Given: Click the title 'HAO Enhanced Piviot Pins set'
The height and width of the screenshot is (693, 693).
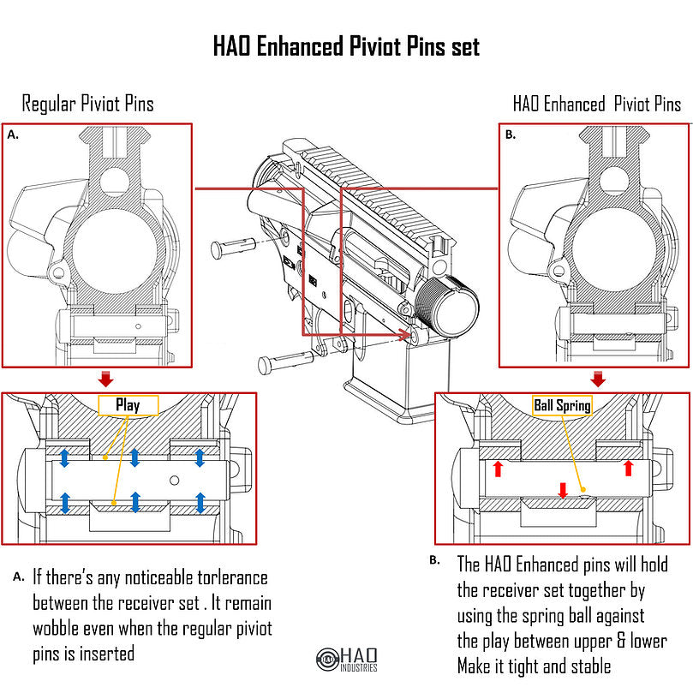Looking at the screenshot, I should point(346,45).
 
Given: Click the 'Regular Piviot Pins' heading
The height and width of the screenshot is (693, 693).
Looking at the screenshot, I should point(88,105).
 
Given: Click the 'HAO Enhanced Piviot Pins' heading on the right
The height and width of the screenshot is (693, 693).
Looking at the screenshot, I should point(597,105).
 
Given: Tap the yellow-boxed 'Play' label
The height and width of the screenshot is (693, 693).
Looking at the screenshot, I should point(128,405).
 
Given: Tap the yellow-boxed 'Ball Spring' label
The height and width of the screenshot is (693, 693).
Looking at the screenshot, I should point(562,405).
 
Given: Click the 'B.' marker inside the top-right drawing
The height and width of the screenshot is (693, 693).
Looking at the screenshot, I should point(511,134).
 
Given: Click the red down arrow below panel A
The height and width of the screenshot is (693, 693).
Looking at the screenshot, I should point(105,379).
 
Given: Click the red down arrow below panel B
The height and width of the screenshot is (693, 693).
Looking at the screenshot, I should point(598,379).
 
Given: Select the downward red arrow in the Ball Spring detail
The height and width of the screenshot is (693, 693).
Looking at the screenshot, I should point(563,490).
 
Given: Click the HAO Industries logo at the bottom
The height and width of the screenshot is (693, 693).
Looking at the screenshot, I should point(346,659).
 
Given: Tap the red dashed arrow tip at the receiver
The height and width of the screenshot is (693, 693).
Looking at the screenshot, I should point(405,338).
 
